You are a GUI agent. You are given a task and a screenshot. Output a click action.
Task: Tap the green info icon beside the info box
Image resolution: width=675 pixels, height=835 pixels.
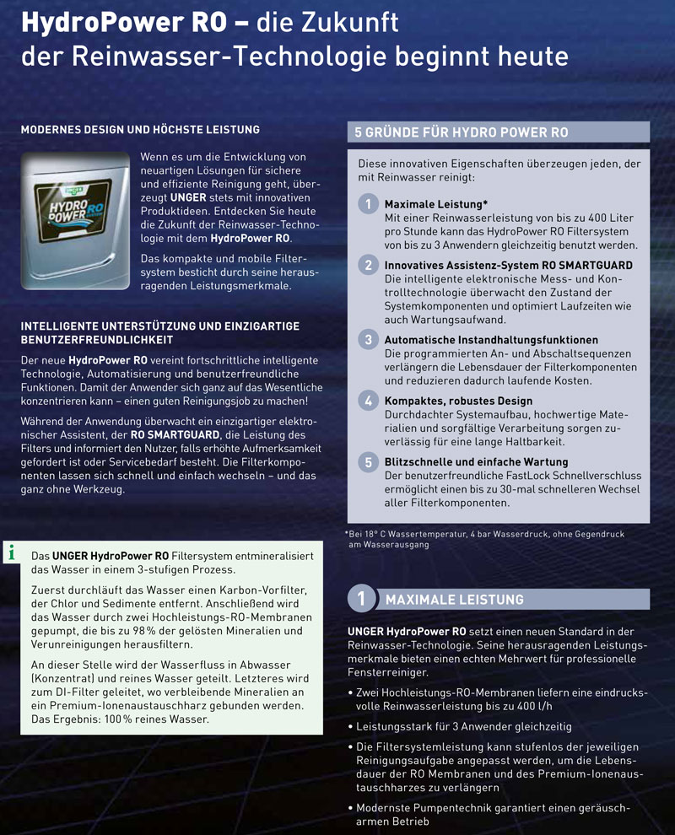[x=11, y=553]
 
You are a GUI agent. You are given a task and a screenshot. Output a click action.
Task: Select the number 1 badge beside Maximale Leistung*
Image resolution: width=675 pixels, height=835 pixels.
[x=369, y=204]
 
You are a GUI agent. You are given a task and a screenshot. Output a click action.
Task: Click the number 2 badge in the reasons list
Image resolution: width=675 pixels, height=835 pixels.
[x=369, y=265]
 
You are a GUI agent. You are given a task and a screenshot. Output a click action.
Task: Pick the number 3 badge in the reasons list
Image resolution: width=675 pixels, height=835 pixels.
[x=369, y=340]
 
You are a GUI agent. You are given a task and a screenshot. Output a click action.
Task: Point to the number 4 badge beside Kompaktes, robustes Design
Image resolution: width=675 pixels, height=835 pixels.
[x=369, y=401]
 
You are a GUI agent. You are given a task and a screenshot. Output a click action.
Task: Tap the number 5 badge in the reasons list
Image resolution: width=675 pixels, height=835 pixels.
[x=369, y=462]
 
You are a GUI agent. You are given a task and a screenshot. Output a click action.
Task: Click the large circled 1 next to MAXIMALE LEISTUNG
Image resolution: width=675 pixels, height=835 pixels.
[x=361, y=599]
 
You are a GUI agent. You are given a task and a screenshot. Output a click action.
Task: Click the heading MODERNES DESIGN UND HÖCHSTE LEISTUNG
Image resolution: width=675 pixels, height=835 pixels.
[x=140, y=130]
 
